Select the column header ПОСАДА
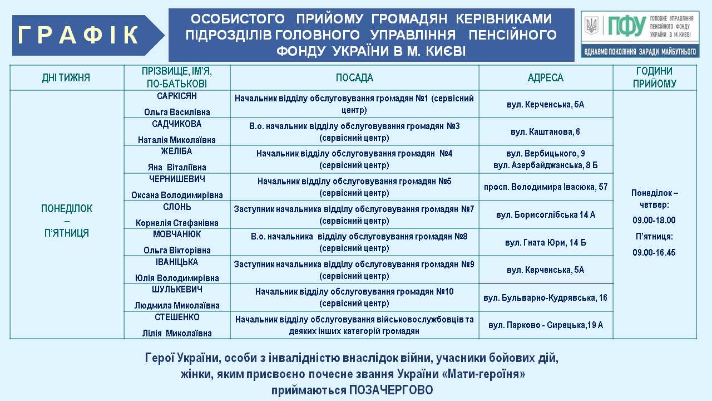click(x=354, y=78)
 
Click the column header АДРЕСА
click(x=545, y=78)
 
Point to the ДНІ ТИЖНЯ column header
click(x=66, y=78)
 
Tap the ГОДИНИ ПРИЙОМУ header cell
click(x=654, y=77)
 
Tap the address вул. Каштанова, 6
click(x=545, y=132)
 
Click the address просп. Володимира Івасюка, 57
click(x=545, y=187)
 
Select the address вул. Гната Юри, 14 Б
click(x=545, y=243)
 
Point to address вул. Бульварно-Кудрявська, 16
click(x=545, y=298)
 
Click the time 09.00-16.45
click(x=654, y=252)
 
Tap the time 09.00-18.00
click(x=654, y=221)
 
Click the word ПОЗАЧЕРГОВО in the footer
click(x=391, y=390)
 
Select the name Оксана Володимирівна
click(x=177, y=195)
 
